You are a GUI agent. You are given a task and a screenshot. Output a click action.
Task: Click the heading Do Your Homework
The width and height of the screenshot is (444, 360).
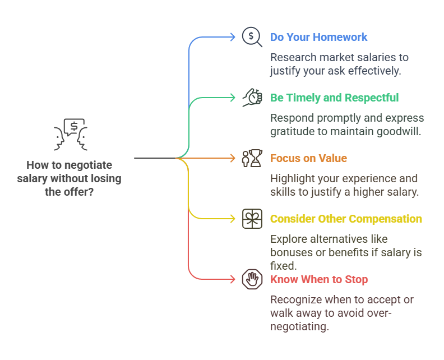pyautogui.click(x=318, y=37)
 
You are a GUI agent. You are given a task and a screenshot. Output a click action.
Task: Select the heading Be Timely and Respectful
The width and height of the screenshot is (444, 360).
pyautogui.click(x=335, y=98)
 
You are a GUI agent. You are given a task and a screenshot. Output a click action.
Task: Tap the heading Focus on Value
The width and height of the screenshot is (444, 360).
pyautogui.click(x=308, y=158)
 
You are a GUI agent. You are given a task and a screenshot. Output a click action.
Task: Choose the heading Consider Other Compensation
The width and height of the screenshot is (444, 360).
pyautogui.click(x=346, y=219)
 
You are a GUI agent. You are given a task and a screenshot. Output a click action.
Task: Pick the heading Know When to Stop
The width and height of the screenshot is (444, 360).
pyautogui.click(x=319, y=280)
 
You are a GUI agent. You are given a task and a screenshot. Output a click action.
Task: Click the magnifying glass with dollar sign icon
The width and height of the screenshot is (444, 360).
pyautogui.click(x=252, y=37)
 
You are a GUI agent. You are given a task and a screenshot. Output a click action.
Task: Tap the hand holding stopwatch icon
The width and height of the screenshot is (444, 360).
pyautogui.click(x=252, y=98)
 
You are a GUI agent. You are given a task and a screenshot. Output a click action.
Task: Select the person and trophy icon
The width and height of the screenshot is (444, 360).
pyautogui.click(x=252, y=158)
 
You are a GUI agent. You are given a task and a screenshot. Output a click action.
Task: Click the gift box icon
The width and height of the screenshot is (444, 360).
pyautogui.click(x=252, y=219)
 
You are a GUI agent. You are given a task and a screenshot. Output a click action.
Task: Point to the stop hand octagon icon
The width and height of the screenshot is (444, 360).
pyautogui.click(x=252, y=279)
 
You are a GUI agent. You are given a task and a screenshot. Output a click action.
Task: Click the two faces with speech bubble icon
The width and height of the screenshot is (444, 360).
pyautogui.click(x=71, y=134)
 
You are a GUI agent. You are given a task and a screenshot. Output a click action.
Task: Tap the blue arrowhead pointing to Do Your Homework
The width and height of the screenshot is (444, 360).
pyautogui.click(x=233, y=37)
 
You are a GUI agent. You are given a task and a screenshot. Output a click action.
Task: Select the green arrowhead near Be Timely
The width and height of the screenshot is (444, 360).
pyautogui.click(x=233, y=98)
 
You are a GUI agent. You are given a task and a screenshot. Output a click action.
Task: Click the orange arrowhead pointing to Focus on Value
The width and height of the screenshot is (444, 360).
pyautogui.click(x=233, y=158)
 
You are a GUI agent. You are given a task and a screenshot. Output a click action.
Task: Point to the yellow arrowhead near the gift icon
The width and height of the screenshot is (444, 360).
pyautogui.click(x=233, y=219)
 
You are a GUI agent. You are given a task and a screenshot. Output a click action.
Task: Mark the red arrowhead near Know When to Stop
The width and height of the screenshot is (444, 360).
pyautogui.click(x=233, y=280)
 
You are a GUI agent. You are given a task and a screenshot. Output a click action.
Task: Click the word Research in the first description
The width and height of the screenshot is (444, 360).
pyautogui.click(x=293, y=58)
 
